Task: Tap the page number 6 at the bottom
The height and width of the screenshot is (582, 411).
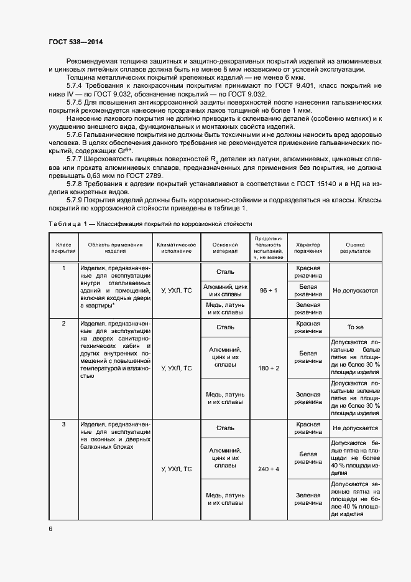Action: (50, 528)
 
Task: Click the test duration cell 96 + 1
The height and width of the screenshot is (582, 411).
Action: (268, 291)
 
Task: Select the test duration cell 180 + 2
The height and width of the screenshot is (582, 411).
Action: (268, 368)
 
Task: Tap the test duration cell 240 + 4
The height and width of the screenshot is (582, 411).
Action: (268, 469)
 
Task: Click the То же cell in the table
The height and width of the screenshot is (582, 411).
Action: (355, 327)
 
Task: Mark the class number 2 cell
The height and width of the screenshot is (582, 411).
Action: (63, 324)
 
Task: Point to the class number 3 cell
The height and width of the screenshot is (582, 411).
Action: (63, 425)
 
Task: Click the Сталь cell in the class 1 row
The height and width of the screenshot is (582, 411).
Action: (225, 272)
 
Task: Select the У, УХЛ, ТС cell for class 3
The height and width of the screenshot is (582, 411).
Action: (177, 469)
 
